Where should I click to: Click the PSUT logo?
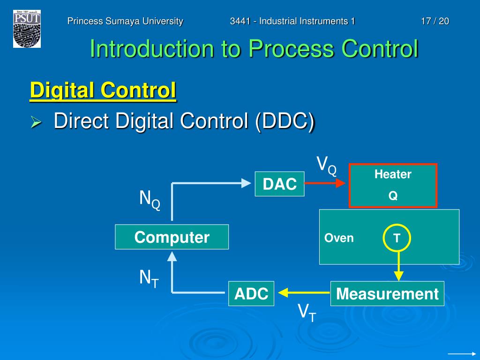coord(27,29)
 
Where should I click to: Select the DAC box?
coord(280,184)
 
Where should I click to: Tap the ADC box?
coord(251,293)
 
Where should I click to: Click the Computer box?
coord(172,237)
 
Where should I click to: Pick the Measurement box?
coord(387,293)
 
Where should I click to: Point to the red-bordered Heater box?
coord(393,186)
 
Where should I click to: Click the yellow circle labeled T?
coord(397,238)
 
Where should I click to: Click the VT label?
coord(307,312)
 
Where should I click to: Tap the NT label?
coord(149,279)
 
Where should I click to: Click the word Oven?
coord(339,238)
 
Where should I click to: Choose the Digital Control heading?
coord(103,90)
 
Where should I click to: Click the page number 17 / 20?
coord(435,21)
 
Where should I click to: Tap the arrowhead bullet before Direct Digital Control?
coord(37,123)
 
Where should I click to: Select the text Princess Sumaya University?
coord(125,21)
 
